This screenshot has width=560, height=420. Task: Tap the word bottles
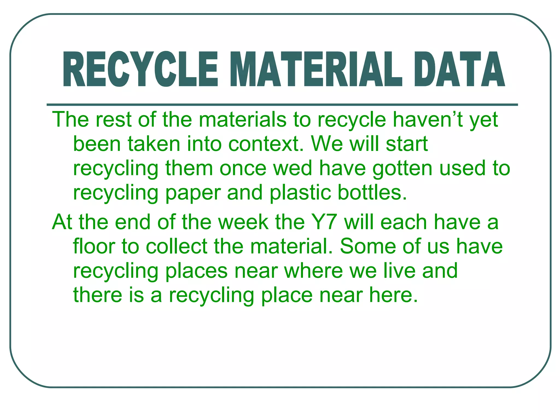[372, 192]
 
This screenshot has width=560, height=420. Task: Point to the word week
[244, 222]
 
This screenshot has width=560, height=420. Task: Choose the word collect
[176, 246]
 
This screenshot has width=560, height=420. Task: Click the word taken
[154, 144]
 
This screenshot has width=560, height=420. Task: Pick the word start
[407, 144]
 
